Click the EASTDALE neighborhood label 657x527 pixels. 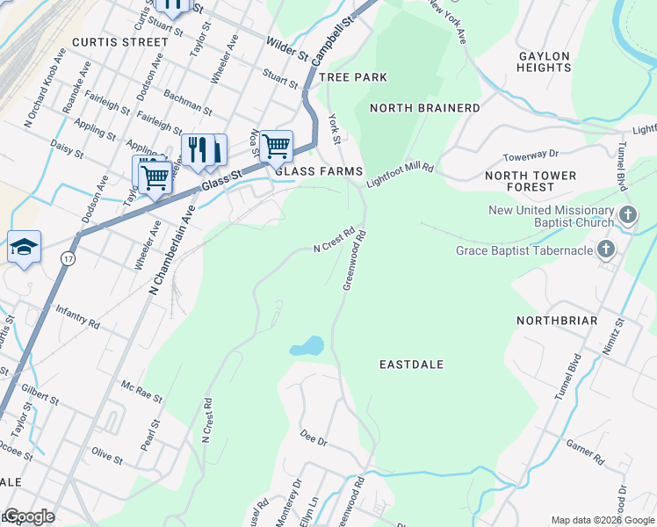412,364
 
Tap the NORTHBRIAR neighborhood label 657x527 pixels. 557,321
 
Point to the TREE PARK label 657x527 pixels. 353,77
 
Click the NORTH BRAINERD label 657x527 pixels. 425,108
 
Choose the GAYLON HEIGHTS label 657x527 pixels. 545,61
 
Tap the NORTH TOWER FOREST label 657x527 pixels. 531,181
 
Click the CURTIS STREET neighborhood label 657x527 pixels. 120,41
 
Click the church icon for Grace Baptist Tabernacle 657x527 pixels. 606,251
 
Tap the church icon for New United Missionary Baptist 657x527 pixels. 628,214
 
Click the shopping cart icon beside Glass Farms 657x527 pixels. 276,145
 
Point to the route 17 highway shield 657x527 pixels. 68,258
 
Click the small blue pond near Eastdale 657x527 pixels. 307,346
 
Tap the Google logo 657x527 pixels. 29,517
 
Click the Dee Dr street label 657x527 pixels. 314,435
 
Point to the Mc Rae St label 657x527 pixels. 142,392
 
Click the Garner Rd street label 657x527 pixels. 585,452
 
